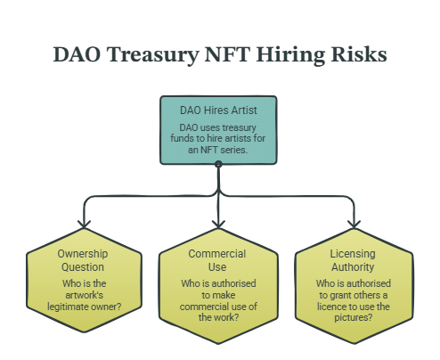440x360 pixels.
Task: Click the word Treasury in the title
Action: click(x=153, y=55)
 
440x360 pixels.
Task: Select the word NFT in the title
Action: click(x=227, y=54)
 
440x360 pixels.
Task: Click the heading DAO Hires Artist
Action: click(x=218, y=110)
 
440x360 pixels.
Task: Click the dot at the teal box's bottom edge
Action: click(x=218, y=164)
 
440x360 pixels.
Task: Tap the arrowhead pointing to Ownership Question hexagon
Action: click(x=84, y=225)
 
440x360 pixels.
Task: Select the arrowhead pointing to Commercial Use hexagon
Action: click(x=218, y=225)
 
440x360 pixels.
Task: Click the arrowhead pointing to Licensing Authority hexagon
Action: click(x=354, y=225)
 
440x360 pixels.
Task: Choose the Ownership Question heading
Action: click(x=83, y=260)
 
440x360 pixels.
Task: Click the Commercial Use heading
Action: click(x=217, y=260)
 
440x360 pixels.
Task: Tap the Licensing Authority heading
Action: click(x=353, y=260)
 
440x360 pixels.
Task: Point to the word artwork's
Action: click(x=85, y=295)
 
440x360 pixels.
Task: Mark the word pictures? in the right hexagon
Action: click(x=354, y=318)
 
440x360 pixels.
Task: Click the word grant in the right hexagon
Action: click(x=338, y=296)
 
